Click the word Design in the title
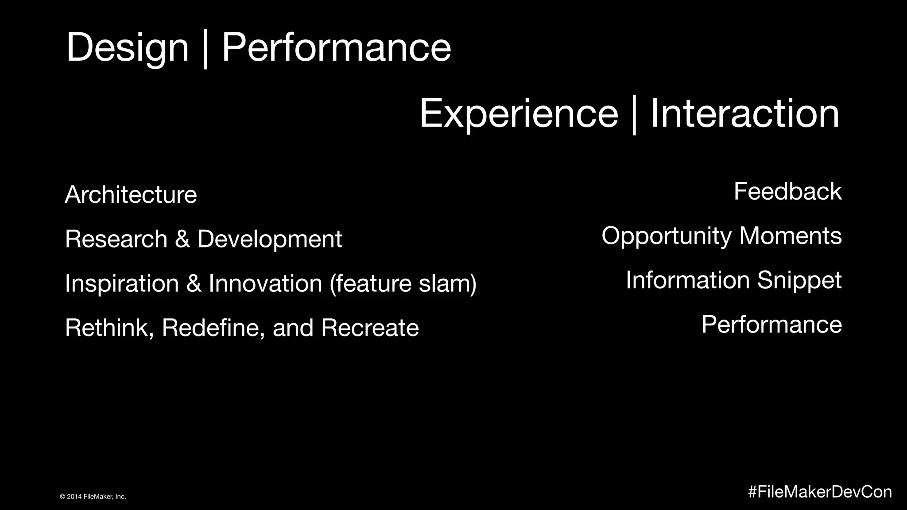(x=127, y=48)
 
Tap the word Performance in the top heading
(x=336, y=48)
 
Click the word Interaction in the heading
(x=744, y=114)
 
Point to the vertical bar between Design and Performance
(x=205, y=50)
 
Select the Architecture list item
(x=131, y=195)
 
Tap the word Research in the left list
(x=116, y=239)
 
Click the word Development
(x=269, y=240)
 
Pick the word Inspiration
(x=122, y=283)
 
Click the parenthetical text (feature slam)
(x=403, y=283)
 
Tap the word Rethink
(x=109, y=328)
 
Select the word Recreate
(x=370, y=328)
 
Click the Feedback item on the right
(x=787, y=192)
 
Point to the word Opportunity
(x=666, y=236)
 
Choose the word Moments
(x=790, y=236)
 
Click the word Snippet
(x=799, y=281)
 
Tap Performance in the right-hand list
(x=771, y=325)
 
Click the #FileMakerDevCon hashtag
(x=820, y=492)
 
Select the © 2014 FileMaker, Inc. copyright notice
(x=93, y=497)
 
